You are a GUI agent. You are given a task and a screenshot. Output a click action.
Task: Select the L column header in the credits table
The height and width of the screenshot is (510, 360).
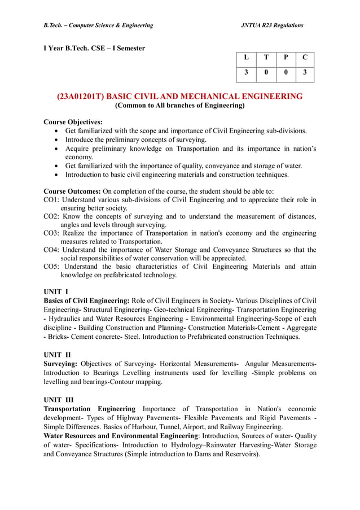pyautogui.click(x=246, y=58)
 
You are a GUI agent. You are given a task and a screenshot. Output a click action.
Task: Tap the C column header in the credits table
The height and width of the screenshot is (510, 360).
pyautogui.click(x=305, y=58)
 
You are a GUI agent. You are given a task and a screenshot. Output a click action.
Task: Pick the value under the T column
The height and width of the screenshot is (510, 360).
pyautogui.click(x=266, y=73)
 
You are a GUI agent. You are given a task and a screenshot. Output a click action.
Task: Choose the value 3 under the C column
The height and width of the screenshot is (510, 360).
pyautogui.click(x=305, y=73)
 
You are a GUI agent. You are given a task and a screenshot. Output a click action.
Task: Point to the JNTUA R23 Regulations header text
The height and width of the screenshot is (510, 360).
pyautogui.click(x=272, y=25)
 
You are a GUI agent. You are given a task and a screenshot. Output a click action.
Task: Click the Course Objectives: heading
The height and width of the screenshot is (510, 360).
pyautogui.click(x=73, y=122)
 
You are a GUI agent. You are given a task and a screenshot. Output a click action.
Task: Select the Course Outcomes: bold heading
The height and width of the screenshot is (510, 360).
pyautogui.click(x=72, y=191)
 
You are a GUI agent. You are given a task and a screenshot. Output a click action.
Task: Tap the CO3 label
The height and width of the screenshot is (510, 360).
pyautogui.click(x=52, y=233)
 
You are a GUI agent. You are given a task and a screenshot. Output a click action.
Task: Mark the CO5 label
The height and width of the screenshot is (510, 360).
pyautogui.click(x=52, y=267)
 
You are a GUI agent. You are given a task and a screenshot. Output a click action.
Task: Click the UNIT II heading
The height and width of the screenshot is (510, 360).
pyautogui.click(x=57, y=355)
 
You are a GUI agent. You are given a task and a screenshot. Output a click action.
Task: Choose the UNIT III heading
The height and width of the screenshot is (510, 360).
pyautogui.click(x=58, y=400)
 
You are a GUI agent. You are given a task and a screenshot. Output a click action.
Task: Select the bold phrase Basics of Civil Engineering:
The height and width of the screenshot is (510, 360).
pyautogui.click(x=87, y=300)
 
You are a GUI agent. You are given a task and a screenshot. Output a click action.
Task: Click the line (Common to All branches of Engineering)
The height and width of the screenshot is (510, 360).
pyautogui.click(x=179, y=106)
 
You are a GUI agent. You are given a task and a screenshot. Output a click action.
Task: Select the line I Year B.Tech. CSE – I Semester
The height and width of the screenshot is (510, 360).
pyautogui.click(x=94, y=49)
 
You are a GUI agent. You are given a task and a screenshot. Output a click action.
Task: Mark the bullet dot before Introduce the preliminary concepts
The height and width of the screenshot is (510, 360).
pyautogui.click(x=57, y=140)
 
